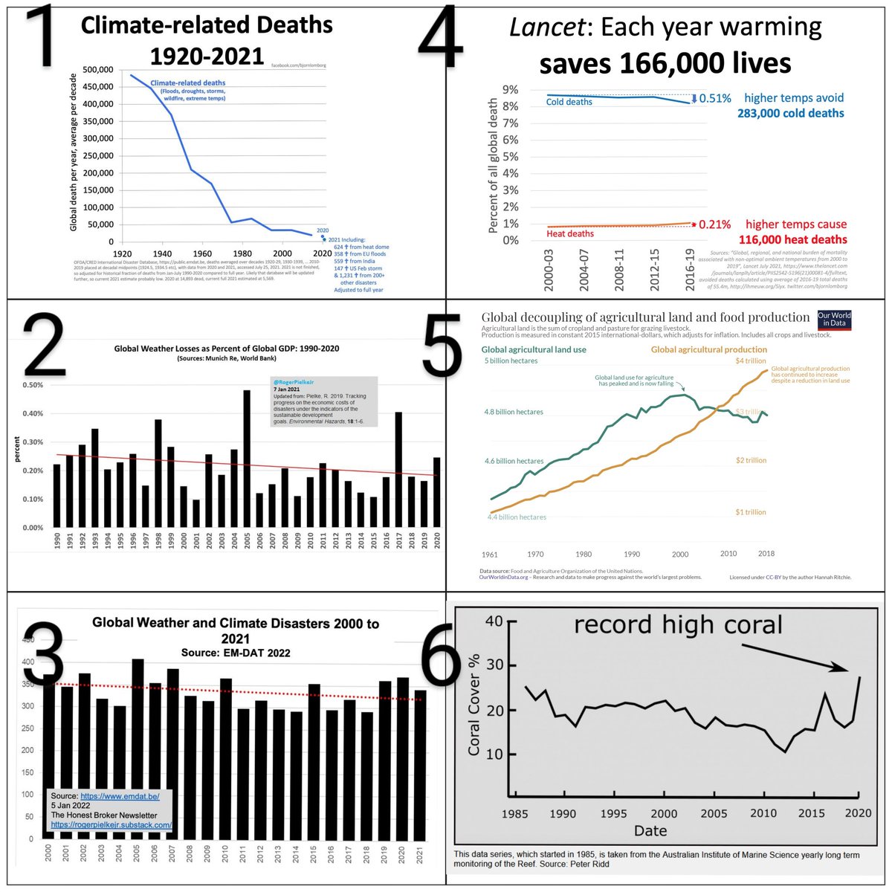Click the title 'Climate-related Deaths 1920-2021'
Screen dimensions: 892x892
[207, 40]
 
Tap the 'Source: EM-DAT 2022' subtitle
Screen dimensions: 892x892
[236, 653]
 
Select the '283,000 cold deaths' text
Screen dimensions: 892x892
[790, 114]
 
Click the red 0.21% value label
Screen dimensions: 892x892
[714, 224]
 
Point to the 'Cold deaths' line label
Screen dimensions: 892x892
[569, 102]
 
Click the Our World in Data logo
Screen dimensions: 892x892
[834, 320]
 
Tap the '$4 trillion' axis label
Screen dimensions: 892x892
[750, 361]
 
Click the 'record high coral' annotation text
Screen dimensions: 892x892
[677, 624]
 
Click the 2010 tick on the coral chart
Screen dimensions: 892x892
[763, 813]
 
